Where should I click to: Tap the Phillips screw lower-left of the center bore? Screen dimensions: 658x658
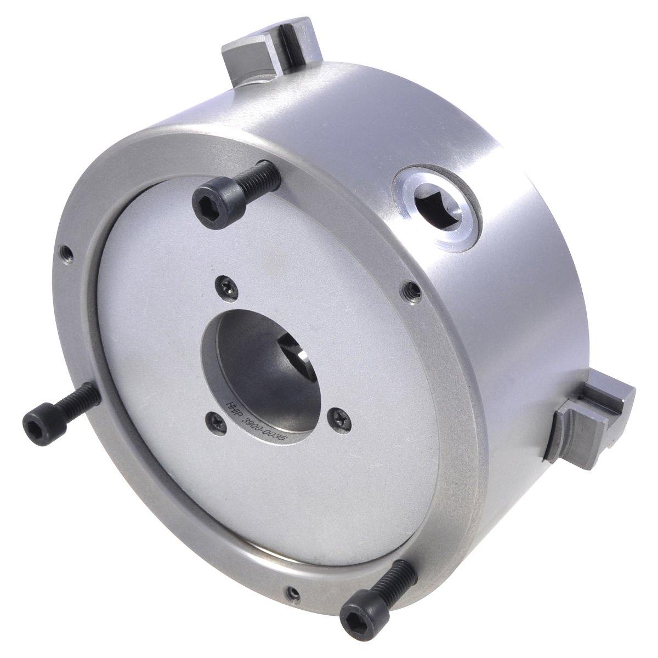[212, 419]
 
